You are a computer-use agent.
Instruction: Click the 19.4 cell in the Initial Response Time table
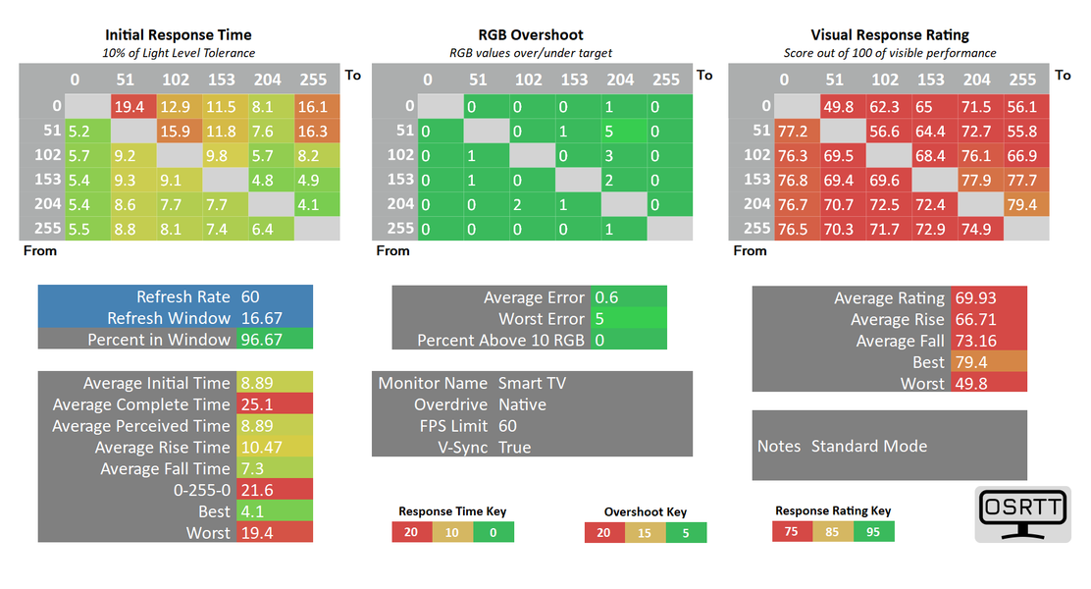click(130, 106)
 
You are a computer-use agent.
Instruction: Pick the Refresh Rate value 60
click(250, 296)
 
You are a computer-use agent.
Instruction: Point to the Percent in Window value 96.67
click(259, 340)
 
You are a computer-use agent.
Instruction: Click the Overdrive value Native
click(522, 404)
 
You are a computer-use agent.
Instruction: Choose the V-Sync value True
click(514, 448)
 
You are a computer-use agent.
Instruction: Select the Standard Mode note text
click(868, 446)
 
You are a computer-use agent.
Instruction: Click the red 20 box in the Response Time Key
click(411, 532)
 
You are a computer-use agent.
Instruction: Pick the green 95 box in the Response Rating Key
click(873, 531)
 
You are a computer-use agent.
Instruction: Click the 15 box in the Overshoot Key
click(645, 532)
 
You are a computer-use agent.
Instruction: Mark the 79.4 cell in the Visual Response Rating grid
click(1022, 204)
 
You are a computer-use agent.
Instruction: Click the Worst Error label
click(541, 319)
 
